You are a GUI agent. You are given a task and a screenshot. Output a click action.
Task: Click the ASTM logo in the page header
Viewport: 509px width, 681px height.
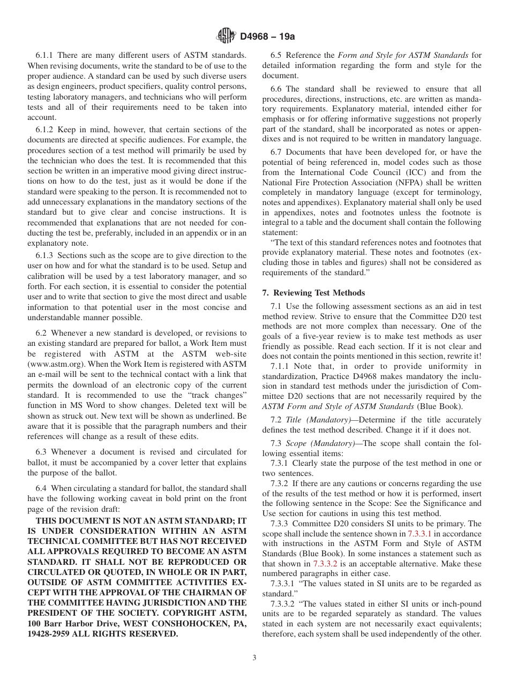pyautogui.click(x=226, y=36)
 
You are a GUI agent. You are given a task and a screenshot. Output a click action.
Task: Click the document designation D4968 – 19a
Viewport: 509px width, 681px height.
pyautogui.click(x=267, y=37)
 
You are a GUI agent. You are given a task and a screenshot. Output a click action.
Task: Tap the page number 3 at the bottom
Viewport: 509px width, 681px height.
pyautogui.click(x=254, y=658)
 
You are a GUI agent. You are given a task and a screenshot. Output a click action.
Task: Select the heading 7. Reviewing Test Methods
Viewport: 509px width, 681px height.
pyautogui.click(x=313, y=293)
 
